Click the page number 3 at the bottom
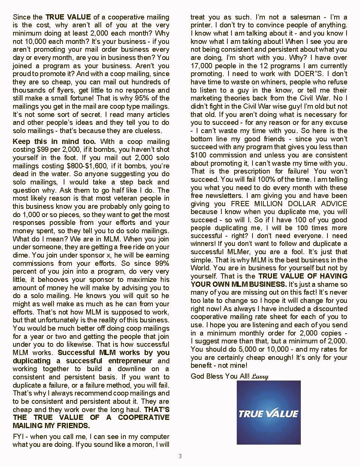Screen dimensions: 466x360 click(180, 456)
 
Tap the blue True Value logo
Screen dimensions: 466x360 click(269, 413)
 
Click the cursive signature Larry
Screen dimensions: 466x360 click(260, 376)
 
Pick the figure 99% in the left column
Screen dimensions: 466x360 click(162, 263)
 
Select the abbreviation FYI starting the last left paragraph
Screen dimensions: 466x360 click(19, 437)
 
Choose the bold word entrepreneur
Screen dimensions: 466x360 click(130, 361)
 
